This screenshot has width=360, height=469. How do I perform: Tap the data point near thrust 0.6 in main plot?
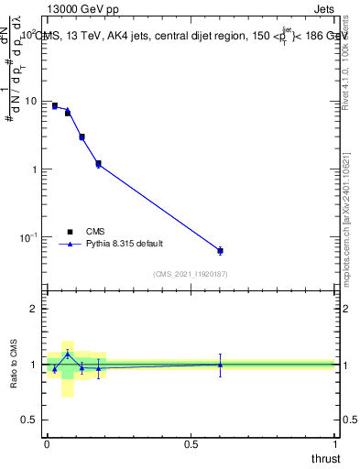220,250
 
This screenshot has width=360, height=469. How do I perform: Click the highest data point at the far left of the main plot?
54,106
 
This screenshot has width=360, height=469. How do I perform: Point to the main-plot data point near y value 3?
82,136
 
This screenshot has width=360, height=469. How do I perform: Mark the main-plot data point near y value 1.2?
98,164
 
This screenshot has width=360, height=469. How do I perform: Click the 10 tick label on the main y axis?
33,101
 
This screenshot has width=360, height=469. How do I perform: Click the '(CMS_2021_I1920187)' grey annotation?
191,273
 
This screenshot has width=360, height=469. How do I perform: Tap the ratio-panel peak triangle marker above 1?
68,354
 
